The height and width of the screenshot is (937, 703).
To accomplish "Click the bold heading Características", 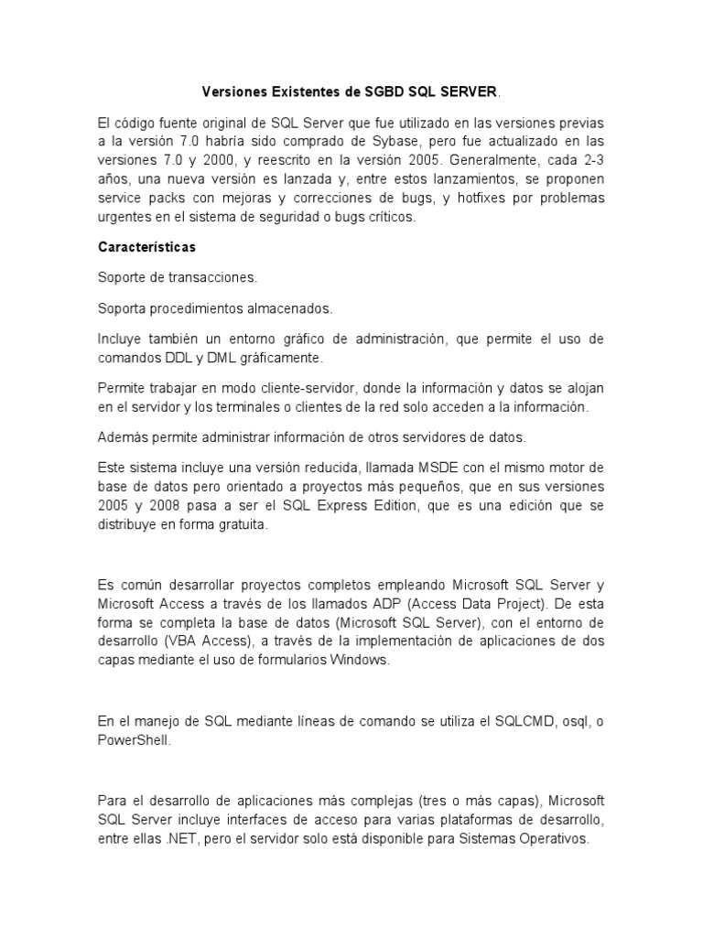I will pos(146,247).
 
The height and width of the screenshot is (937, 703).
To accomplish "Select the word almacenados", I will pos(280,307).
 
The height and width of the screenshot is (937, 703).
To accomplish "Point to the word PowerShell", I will pos(134,741).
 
